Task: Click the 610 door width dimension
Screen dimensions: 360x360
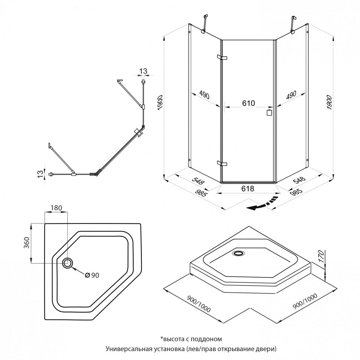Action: click(249, 104)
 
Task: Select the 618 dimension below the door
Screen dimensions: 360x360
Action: click(248, 189)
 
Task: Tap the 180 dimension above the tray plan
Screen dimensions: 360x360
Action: click(56, 207)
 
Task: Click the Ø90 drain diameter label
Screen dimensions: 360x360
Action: click(92, 275)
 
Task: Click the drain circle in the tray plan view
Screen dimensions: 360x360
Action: click(68, 263)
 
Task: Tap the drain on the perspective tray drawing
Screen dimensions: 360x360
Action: click(238, 253)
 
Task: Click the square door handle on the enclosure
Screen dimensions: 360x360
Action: click(269, 112)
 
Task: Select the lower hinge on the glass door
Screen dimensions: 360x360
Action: click(223, 163)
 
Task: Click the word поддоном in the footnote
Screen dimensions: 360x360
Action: click(208, 339)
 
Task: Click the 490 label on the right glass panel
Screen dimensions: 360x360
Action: click(291, 95)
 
